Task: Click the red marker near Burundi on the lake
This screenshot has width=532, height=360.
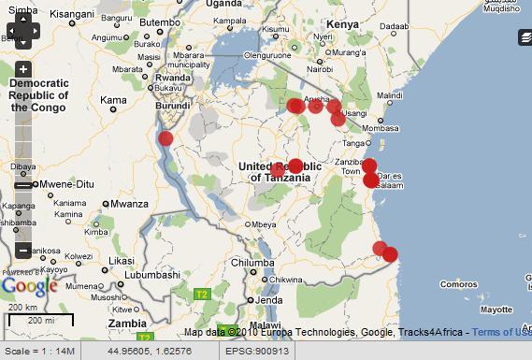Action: (x=165, y=138)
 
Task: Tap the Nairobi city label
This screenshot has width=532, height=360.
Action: (x=319, y=68)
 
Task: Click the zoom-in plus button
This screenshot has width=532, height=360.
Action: (x=23, y=69)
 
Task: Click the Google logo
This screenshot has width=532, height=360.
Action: (x=29, y=286)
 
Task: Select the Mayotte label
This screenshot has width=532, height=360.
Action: (x=495, y=309)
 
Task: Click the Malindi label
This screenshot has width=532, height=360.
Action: (x=389, y=96)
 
